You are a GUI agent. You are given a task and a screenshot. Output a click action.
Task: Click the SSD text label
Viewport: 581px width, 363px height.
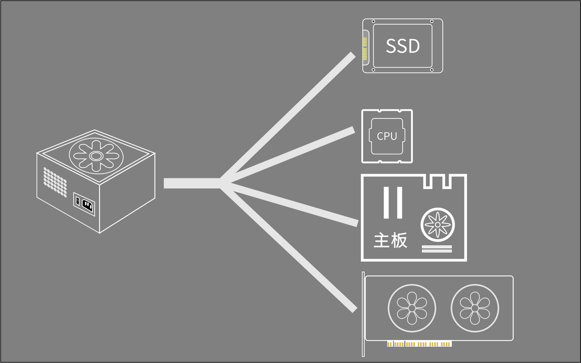[x=403, y=46]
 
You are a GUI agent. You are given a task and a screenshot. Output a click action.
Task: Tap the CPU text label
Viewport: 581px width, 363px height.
[x=387, y=136]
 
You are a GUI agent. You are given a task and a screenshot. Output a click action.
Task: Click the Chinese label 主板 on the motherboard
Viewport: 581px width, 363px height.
[x=390, y=240]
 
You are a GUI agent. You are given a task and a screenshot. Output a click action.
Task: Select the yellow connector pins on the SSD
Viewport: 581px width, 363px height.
[x=365, y=48]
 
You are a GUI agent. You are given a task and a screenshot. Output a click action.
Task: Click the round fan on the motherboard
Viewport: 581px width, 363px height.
[x=437, y=224]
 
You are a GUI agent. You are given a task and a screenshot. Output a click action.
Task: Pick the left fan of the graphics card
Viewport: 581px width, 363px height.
[x=412, y=308]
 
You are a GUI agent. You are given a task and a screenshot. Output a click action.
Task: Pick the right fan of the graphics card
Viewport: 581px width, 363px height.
[x=474, y=308]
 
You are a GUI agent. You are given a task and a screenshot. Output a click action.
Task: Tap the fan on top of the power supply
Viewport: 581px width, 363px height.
[x=96, y=156]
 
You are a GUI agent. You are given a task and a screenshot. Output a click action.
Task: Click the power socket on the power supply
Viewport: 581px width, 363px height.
[x=88, y=205]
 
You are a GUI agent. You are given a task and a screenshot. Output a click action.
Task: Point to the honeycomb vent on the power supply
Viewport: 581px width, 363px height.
[x=55, y=182]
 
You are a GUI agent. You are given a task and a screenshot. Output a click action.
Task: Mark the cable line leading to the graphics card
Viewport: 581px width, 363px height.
[x=290, y=250]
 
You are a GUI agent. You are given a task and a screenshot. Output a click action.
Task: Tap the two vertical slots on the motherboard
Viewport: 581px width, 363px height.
[x=393, y=202]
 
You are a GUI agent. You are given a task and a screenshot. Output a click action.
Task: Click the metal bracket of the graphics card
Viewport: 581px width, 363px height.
[x=363, y=314]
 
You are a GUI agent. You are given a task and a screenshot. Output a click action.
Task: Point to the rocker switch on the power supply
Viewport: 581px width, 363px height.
[x=77, y=201]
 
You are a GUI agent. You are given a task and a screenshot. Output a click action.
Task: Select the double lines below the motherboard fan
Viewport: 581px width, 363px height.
[x=437, y=249]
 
